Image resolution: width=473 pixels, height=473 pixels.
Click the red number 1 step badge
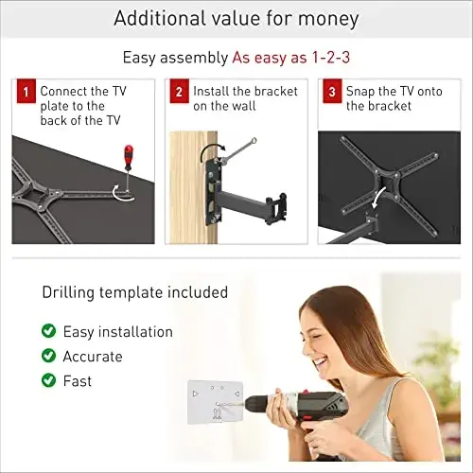point(26,91)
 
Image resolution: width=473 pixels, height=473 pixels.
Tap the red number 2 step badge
point(179,91)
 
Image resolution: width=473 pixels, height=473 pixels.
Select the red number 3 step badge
point(332,91)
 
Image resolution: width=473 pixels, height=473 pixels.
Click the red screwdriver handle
point(129,157)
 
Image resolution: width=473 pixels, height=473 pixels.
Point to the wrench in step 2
point(238,150)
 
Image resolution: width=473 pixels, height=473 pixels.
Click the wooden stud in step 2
point(193,187)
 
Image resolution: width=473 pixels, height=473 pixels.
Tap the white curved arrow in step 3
point(377,198)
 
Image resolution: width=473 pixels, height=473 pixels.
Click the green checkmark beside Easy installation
point(48,331)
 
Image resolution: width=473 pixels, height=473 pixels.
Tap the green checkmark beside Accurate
point(48,356)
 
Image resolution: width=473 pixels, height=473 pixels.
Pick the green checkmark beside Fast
point(48,380)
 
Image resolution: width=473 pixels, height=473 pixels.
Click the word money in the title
point(328,19)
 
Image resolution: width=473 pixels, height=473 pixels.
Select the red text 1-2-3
point(331,58)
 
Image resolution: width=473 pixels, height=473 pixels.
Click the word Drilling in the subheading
point(68,293)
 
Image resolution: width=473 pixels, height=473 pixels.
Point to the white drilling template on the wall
point(216,402)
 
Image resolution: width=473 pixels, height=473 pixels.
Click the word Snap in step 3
point(359,92)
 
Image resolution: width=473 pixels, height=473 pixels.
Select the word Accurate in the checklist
point(93,357)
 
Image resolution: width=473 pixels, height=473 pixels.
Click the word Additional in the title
point(159,18)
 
